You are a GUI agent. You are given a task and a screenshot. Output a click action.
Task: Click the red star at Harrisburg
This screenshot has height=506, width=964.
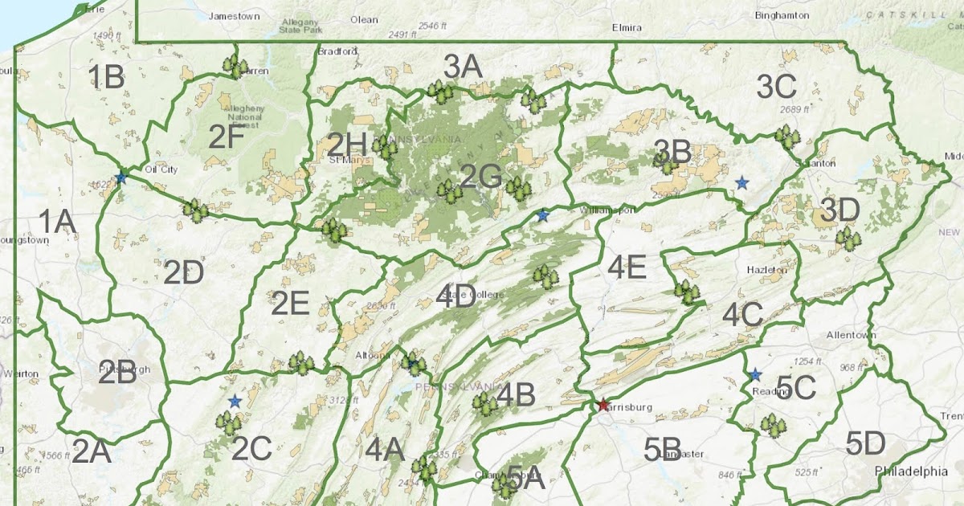click(x=603, y=405)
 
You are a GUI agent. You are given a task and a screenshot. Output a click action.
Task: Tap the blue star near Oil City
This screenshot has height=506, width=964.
click(x=120, y=178)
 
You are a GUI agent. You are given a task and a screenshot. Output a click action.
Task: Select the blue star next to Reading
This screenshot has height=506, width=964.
click(x=755, y=374)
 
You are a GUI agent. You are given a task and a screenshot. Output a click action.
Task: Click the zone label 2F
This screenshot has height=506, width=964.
click(x=227, y=137)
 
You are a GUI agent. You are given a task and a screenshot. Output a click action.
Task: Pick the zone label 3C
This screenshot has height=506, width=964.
click(x=776, y=86)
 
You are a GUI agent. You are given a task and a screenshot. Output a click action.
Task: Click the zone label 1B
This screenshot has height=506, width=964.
click(x=105, y=77)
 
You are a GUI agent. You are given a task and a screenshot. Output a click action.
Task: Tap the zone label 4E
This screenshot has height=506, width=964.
click(x=627, y=267)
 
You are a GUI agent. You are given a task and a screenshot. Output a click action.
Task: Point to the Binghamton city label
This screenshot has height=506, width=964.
click(x=781, y=14)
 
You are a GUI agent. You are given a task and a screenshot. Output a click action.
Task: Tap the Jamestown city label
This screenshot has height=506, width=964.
click(x=235, y=15)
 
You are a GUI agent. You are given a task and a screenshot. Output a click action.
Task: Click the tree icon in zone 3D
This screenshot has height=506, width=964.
click(x=846, y=238)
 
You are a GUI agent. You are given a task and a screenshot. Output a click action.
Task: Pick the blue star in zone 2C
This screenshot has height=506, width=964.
click(x=235, y=401)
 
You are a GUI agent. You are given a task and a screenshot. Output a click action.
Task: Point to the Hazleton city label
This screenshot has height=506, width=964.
click(x=766, y=271)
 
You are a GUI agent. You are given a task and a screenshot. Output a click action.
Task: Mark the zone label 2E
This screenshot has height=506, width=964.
click(x=290, y=304)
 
